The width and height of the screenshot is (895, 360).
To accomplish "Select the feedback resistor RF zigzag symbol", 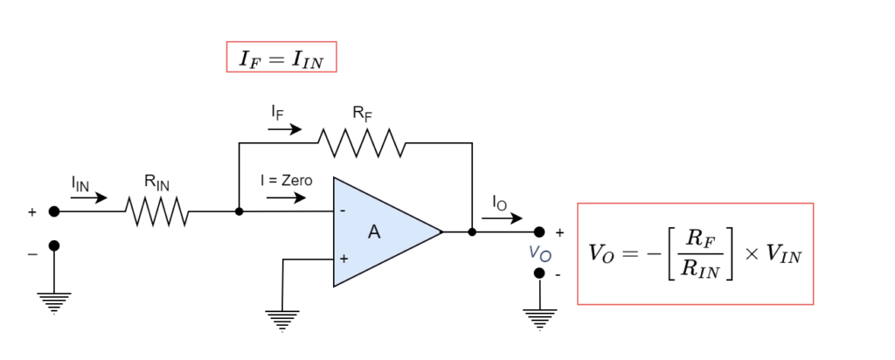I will pos(361,143).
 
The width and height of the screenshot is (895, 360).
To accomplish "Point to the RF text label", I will pos(361,113).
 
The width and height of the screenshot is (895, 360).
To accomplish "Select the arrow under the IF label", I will pos(285,129).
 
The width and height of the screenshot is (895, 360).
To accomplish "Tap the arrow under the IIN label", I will pos(88,197).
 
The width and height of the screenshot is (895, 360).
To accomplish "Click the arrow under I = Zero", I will pos(285,197).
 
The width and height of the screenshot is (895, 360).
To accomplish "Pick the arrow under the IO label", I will pos(501,218).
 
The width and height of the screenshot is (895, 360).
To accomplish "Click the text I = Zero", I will pos(285,181).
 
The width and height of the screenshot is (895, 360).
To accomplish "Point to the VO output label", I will pos(540,253).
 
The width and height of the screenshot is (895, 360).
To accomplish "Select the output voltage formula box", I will pos(695,253).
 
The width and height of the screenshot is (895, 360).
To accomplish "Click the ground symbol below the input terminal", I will pos(54,301).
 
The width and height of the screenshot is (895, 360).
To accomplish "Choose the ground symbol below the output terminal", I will pos(539,319).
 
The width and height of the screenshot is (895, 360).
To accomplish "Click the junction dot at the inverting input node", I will pos(239,211).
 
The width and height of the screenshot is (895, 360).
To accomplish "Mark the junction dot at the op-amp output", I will pos(472,232).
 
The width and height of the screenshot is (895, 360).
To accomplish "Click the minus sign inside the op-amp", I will pos(343,211).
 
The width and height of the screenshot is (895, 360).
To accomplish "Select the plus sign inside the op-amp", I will pos(343,259).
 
